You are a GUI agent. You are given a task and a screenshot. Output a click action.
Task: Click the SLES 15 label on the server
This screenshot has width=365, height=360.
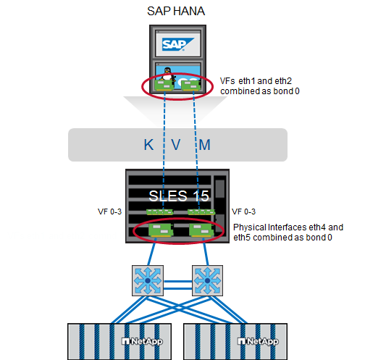[178, 196]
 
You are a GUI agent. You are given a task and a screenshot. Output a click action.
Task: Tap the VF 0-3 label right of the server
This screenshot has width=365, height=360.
[243, 212]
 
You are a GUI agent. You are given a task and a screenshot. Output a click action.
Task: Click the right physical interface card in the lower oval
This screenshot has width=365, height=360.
[200, 230]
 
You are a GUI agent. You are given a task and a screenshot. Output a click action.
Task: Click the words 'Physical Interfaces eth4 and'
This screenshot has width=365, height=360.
[288, 227]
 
